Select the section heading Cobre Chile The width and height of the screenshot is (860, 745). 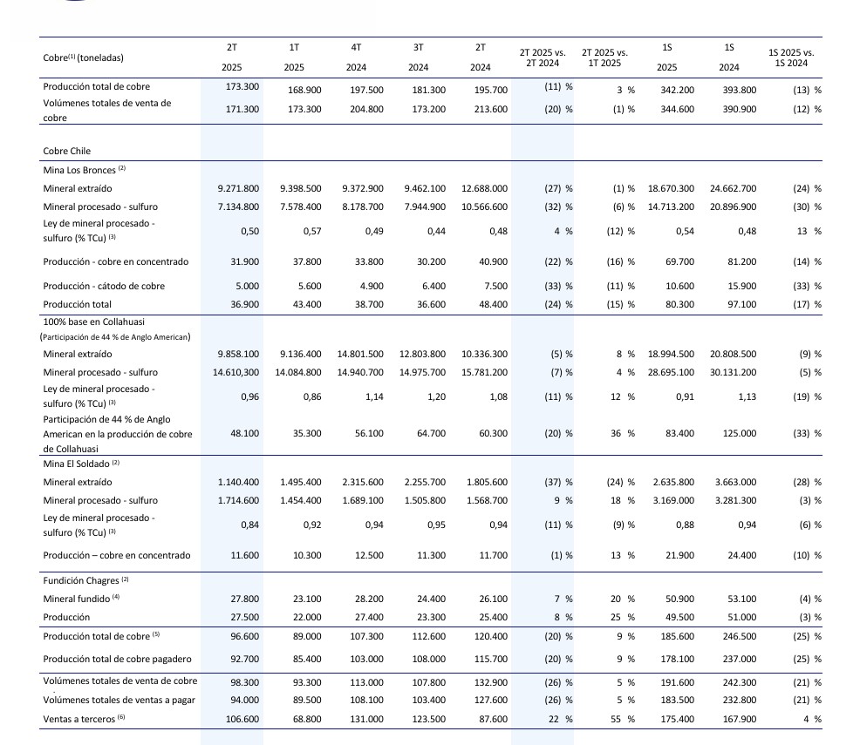click(x=66, y=151)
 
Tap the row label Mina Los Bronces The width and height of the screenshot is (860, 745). click(x=79, y=170)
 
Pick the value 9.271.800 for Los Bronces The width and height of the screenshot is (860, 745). click(x=238, y=188)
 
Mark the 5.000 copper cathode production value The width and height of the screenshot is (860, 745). click(x=245, y=286)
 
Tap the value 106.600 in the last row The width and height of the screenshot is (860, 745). click(x=243, y=718)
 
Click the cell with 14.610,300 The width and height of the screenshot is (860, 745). click(x=235, y=372)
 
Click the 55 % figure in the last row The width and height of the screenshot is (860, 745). click(x=623, y=718)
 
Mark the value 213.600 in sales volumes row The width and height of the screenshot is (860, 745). click(x=488, y=109)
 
